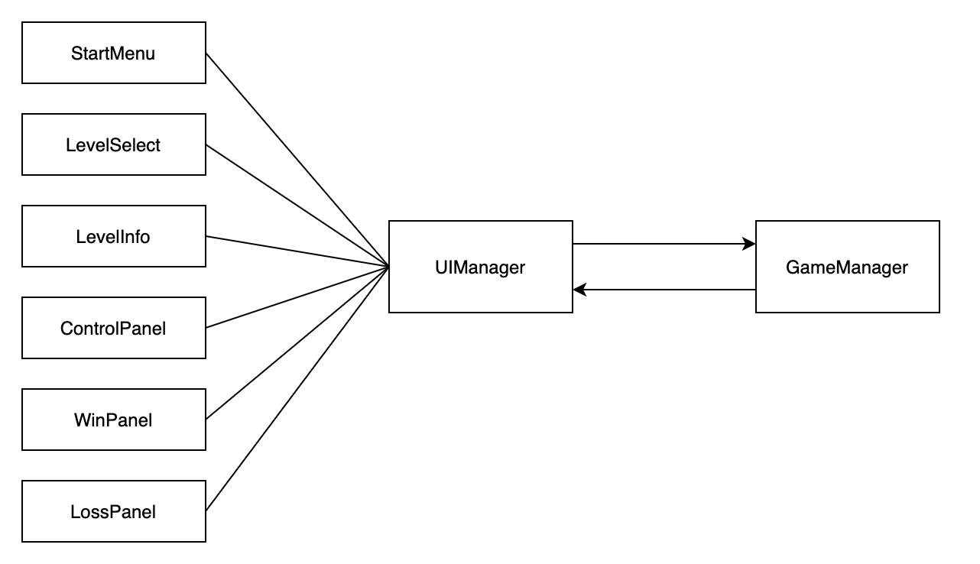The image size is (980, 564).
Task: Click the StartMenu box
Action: pyautogui.click(x=114, y=53)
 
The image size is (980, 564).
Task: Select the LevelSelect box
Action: pyautogui.click(x=114, y=144)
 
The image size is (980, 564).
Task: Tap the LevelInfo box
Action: pyautogui.click(x=114, y=236)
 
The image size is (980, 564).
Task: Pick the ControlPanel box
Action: pyautogui.click(x=114, y=328)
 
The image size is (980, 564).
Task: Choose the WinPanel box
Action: pyautogui.click(x=114, y=420)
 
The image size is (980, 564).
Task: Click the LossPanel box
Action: pyautogui.click(x=114, y=511)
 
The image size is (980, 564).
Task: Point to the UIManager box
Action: pyautogui.click(x=481, y=267)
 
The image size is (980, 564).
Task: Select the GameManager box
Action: pyautogui.click(x=848, y=267)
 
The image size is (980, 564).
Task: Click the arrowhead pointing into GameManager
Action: pyautogui.click(x=749, y=244)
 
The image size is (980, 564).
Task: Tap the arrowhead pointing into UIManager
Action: pyautogui.click(x=579, y=290)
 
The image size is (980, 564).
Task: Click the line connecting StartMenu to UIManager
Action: pyautogui.click(x=297, y=160)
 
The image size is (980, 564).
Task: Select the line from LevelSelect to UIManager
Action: pyautogui.click(x=297, y=206)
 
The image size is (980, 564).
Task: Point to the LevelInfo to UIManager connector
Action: pyautogui.click(x=297, y=251)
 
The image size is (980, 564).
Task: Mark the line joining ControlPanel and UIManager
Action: pyautogui.click(x=297, y=297)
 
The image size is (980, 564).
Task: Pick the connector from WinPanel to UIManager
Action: pyautogui.click(x=297, y=343)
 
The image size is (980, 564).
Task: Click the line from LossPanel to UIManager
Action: pyautogui.click(x=297, y=389)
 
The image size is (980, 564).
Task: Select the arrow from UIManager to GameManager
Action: pyautogui.click(x=664, y=244)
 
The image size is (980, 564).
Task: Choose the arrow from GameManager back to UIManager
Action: pyautogui.click(x=664, y=290)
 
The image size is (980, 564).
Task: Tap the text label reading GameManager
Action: pyautogui.click(x=847, y=267)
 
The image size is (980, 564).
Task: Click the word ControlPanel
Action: pyautogui.click(x=113, y=329)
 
